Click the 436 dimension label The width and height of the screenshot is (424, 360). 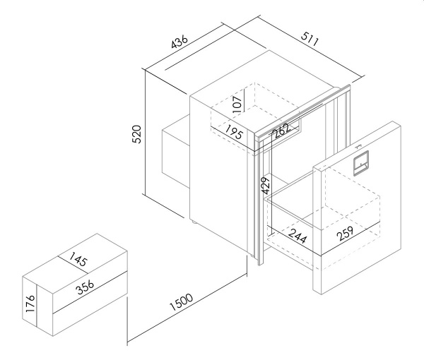(x=179, y=41)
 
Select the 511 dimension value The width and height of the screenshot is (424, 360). (x=310, y=39)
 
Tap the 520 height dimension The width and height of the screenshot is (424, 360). (x=136, y=134)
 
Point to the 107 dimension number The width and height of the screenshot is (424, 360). (x=237, y=104)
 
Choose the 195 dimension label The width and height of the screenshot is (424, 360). (x=234, y=132)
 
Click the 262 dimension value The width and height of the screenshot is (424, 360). (x=282, y=131)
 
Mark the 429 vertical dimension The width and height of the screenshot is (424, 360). (x=266, y=186)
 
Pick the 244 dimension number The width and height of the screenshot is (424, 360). (x=298, y=236)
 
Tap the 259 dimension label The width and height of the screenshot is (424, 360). (x=346, y=234)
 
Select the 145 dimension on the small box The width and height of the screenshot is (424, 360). (x=78, y=259)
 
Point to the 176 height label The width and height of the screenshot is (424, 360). (x=30, y=304)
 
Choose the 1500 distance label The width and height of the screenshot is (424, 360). (x=182, y=302)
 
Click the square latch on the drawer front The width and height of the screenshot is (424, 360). (x=361, y=163)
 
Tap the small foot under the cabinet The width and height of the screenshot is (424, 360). (x=194, y=222)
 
